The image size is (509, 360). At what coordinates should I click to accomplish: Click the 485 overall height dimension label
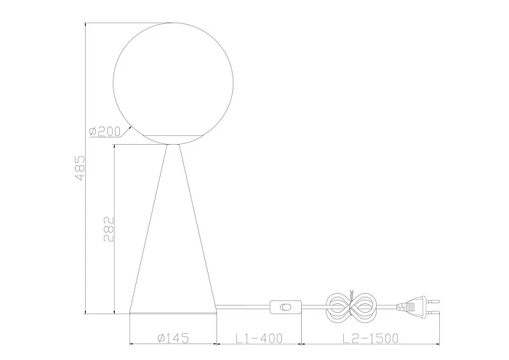coord(80,168)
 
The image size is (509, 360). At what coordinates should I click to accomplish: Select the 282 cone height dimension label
coord(109,229)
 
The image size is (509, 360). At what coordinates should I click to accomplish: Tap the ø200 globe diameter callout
coord(105,131)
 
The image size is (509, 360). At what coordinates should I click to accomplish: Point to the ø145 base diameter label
coord(173,338)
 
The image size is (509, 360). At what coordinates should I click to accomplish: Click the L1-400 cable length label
coord(259,338)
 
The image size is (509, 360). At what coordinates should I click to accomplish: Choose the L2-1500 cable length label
coord(370,338)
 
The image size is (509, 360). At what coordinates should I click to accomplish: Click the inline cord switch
coord(286,307)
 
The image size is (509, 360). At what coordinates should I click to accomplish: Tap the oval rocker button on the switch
coord(286,307)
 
